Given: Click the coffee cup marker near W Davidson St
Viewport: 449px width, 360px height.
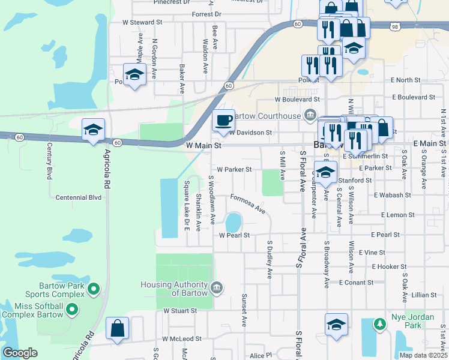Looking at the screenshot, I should coord(223,120).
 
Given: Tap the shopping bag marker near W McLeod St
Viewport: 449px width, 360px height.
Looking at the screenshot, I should coord(117,329).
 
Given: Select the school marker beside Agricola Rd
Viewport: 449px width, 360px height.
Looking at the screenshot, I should coord(93,130).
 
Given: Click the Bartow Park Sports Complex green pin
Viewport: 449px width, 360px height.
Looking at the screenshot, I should coord(93,290).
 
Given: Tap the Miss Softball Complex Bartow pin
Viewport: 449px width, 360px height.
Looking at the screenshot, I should coord(72,310).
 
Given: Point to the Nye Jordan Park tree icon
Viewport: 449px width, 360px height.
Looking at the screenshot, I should coord(379,325).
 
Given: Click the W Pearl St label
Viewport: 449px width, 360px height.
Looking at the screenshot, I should coord(234,235).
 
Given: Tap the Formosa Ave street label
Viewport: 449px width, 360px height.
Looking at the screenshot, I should coord(247,203).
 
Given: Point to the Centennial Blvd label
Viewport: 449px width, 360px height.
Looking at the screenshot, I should coord(78,197).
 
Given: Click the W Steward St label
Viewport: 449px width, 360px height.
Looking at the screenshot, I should coord(142,22).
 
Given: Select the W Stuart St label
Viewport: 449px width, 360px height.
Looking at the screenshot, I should coord(180,311).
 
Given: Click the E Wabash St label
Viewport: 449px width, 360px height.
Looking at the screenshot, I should coord(392,195).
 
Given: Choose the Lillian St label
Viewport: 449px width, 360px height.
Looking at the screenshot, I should coord(424,295).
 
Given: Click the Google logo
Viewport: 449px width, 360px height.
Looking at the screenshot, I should coord(20,353).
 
